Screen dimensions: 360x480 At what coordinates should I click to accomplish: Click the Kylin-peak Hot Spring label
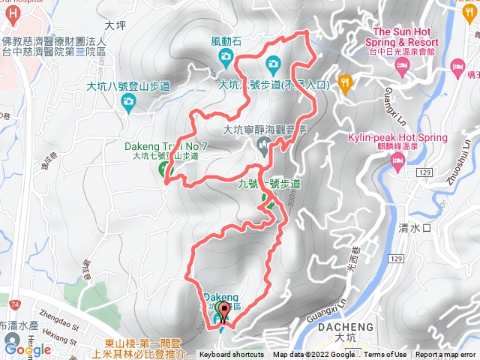click(x=397, y=138)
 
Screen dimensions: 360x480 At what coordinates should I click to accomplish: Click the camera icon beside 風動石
click(x=271, y=62)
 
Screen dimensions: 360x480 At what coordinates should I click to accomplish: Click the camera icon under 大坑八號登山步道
click(x=130, y=100)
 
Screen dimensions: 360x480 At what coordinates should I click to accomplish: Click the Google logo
click(x=28, y=349)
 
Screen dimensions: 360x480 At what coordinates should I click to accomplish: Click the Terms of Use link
click(x=385, y=355)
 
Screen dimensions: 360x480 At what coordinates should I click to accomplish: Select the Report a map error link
click(x=445, y=355)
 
